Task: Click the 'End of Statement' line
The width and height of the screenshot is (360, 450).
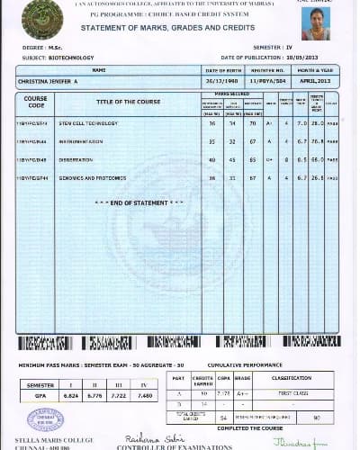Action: point(139,202)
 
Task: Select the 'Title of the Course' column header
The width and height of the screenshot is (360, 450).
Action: point(128,101)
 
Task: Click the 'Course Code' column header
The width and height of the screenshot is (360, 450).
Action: point(36,101)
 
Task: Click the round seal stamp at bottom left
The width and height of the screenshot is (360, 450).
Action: point(44,419)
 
